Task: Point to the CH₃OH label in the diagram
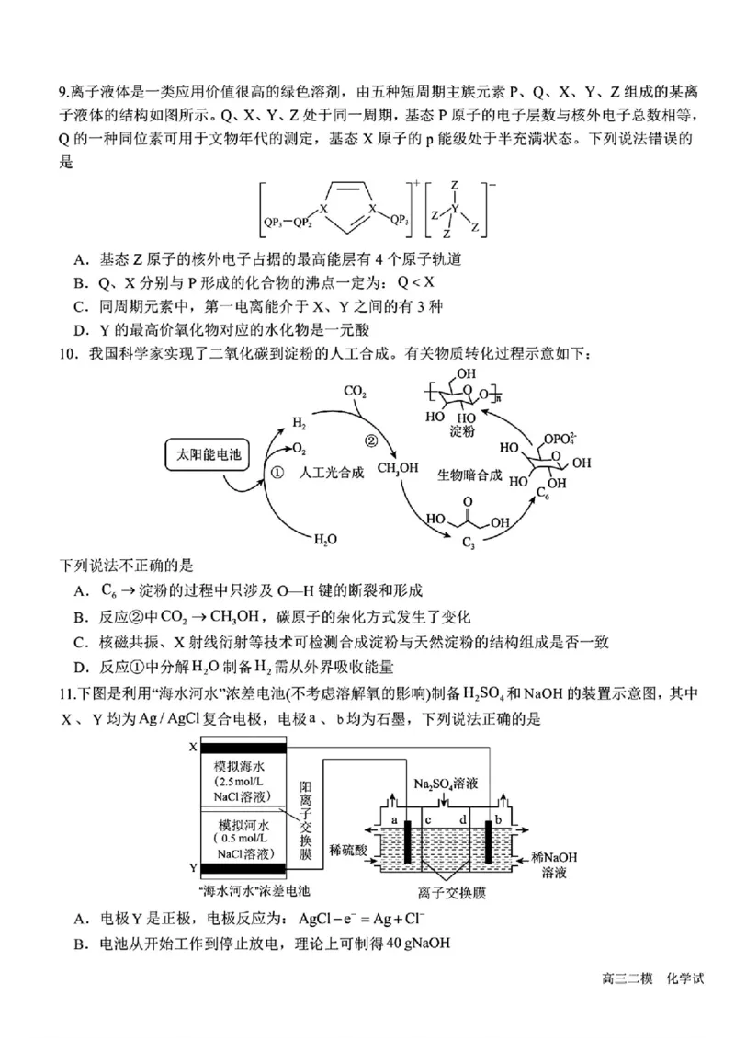coord(397,468)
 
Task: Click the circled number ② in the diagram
coord(371,440)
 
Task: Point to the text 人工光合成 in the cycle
coord(332,472)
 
